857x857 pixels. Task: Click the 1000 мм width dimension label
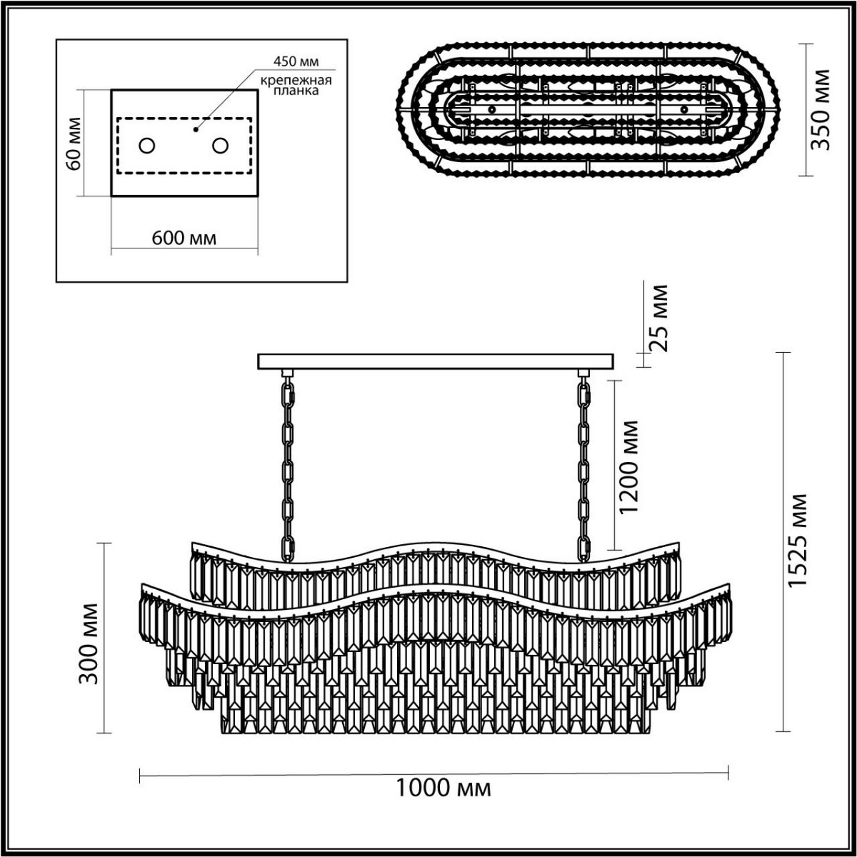point(443,789)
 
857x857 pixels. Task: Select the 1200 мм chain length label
point(630,467)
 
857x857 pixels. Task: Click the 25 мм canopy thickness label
point(658,319)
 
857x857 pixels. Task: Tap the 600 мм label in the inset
point(184,238)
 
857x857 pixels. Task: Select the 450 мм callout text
point(294,61)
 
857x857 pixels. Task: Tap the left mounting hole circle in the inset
point(147,146)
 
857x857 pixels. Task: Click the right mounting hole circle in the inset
point(220,146)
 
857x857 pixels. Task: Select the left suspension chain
point(288,468)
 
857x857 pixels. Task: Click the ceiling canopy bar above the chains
point(436,361)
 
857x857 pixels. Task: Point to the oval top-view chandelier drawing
point(588,111)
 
